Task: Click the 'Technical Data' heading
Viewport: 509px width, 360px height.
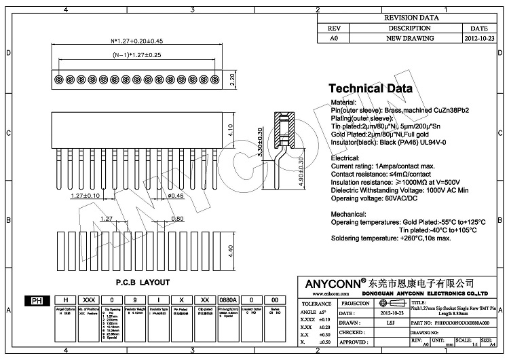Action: [x=370, y=88]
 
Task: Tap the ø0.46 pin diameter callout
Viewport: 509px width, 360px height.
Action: [x=175, y=196]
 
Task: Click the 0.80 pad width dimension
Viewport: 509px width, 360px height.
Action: [x=177, y=219]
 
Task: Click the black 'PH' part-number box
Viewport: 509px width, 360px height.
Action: [x=35, y=299]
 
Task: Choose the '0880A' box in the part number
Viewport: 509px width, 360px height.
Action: [x=227, y=299]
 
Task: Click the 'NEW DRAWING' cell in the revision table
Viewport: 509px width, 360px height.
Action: [x=405, y=40]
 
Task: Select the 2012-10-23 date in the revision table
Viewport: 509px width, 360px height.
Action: [x=479, y=40]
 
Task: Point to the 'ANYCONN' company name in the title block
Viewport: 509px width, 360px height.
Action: [x=331, y=282]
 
